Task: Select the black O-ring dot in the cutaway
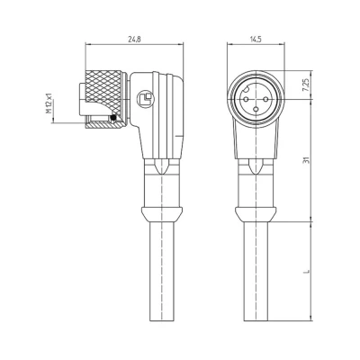(112, 118)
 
